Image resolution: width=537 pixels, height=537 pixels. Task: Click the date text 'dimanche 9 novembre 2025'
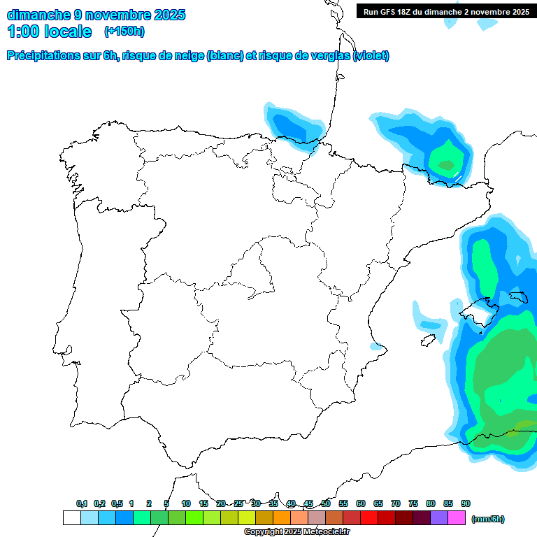(96, 15)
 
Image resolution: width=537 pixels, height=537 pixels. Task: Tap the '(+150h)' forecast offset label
(124, 31)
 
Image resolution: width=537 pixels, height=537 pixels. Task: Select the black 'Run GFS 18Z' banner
(446, 11)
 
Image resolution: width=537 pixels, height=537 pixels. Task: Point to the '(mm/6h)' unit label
(487, 519)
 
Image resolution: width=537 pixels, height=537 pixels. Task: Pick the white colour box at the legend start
(71, 518)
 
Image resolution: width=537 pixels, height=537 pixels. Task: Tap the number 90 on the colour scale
(466, 503)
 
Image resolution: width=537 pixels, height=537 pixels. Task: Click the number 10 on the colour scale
(186, 503)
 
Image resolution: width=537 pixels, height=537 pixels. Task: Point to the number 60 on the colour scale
(361, 503)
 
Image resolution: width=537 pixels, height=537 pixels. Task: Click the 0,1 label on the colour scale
(82, 503)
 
